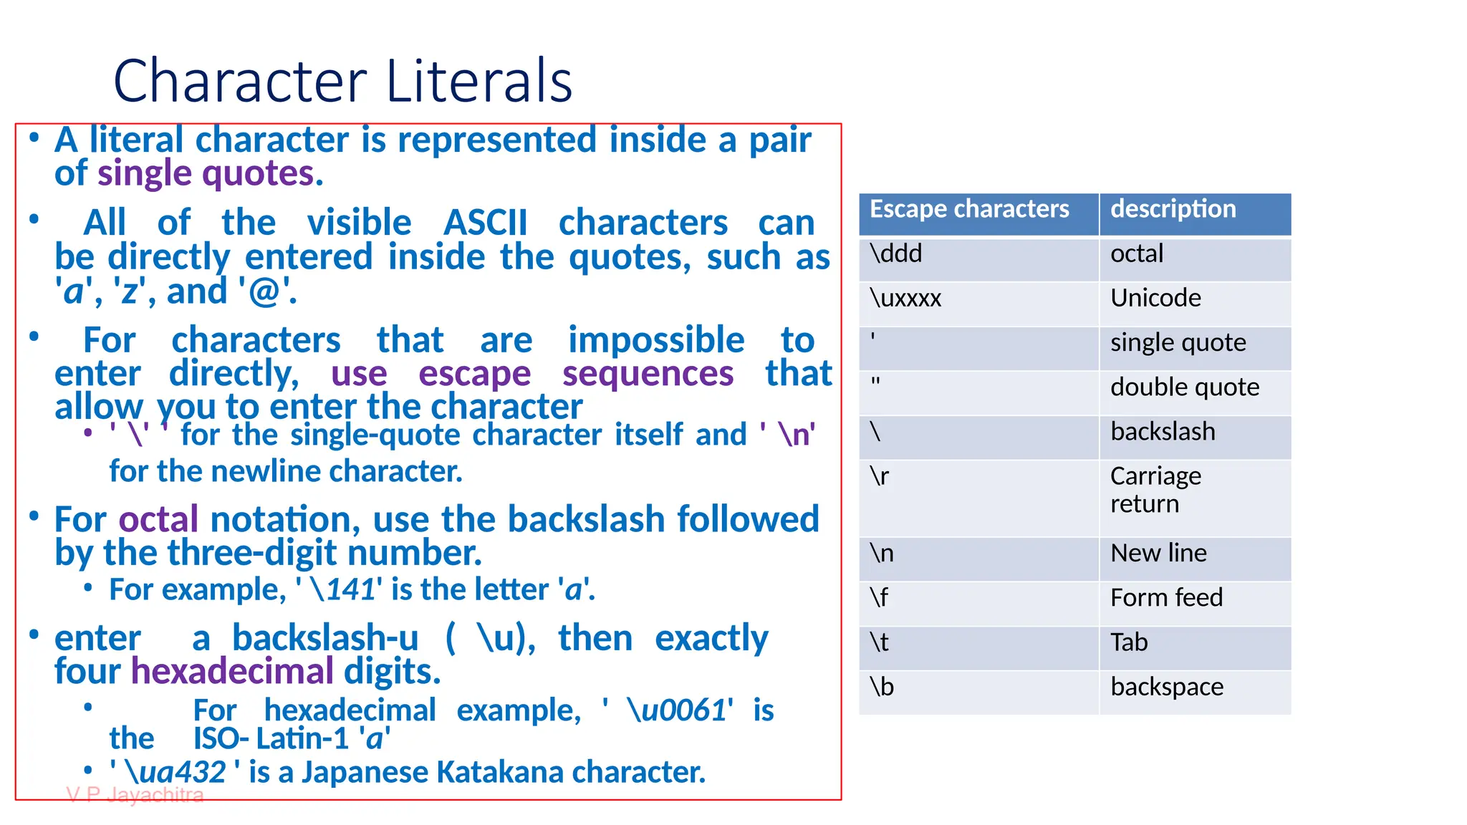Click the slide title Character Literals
tap(342, 81)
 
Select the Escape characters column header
tap(968, 209)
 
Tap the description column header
tap(1173, 209)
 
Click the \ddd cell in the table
tap(896, 254)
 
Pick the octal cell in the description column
tap(1137, 254)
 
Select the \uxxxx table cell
tap(905, 299)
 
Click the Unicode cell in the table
tap(1155, 299)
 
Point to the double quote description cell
tap(1184, 387)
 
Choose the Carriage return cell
tap(1155, 490)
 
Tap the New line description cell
tap(1158, 554)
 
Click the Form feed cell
tap(1166, 598)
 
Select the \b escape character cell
tap(882, 687)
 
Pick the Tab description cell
tap(1129, 642)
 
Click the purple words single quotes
tap(206, 174)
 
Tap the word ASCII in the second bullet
tap(485, 223)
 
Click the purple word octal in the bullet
tap(158, 520)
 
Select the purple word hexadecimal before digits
tap(232, 672)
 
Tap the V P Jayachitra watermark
tap(135, 795)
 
